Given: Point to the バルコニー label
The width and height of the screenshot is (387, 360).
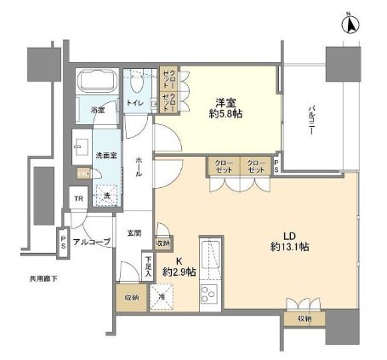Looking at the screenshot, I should (x=312, y=118).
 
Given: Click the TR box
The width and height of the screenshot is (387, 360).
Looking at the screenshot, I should (x=78, y=199).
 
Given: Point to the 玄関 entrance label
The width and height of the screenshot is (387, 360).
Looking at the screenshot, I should (x=134, y=233).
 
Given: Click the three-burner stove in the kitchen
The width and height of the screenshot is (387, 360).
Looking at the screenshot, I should (x=210, y=294).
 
